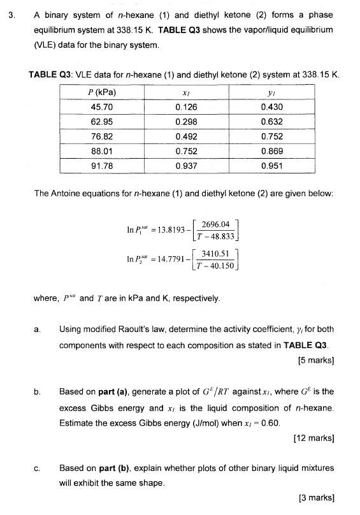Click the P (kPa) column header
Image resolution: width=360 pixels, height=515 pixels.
point(102,92)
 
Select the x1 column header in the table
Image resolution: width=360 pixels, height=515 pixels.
point(185,92)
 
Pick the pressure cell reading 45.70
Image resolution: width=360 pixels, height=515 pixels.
point(102,107)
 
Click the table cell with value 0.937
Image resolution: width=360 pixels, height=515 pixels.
point(185,166)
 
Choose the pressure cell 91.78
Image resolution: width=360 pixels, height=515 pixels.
point(102,166)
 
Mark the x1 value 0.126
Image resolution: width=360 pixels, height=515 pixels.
point(185,107)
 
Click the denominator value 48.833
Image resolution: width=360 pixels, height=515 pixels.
point(221,236)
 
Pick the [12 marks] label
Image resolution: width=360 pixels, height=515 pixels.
point(313,438)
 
